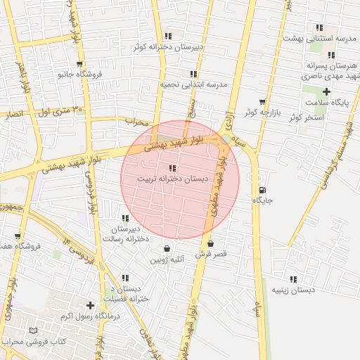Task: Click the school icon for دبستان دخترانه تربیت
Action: click(172, 168)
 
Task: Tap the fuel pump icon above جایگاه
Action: click(263, 189)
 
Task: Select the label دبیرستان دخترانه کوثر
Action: click(169, 47)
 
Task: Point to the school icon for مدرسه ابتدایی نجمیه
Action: click(193, 74)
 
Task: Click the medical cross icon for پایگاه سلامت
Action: click(326, 91)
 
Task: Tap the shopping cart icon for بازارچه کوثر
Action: click(263, 102)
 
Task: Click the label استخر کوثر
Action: click(305, 117)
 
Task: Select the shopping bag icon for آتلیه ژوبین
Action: click(167, 248)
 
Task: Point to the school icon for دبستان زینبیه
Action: click(293, 279)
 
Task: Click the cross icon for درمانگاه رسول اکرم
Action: click(90, 305)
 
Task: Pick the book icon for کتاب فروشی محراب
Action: click(33, 330)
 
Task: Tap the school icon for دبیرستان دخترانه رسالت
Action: click(125, 219)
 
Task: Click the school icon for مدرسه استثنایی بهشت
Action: click(319, 27)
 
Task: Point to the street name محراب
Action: click(138, 122)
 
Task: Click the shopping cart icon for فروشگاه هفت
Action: click(18, 236)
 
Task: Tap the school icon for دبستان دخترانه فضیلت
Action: click(125, 278)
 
